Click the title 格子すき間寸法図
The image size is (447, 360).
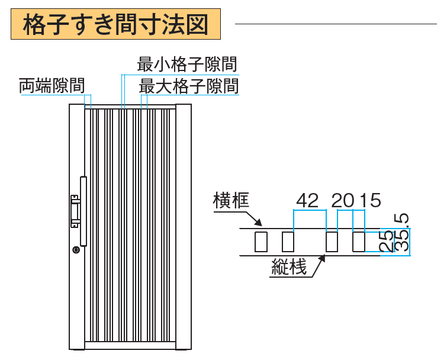pos(115,25)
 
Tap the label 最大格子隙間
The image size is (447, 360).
pos(189,86)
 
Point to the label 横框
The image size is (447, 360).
pos(231,201)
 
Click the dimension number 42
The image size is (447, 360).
pos(307,201)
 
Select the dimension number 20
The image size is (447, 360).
pos(343,201)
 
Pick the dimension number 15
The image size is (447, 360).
pos(370,201)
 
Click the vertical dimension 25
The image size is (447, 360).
pos(387,242)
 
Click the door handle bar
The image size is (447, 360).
pos(83,210)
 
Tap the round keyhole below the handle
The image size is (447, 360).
pos(76,250)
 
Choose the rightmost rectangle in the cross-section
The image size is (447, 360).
pos(359,242)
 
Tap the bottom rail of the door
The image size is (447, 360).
pos(130,346)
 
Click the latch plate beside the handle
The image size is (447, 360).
pos(75,210)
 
